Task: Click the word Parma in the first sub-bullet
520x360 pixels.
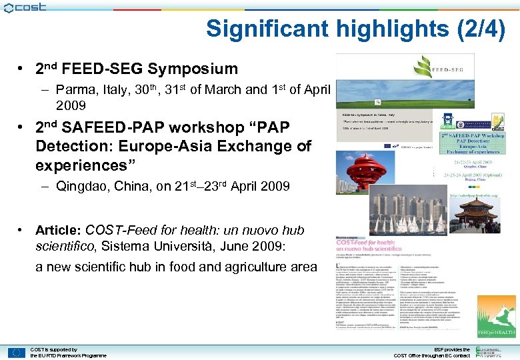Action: [x=74, y=89]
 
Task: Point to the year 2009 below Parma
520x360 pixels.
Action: [x=71, y=105]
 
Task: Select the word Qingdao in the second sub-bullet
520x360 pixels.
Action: [x=79, y=187]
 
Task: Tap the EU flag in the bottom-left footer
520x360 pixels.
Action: [x=17, y=352]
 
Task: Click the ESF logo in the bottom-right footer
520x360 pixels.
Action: [x=493, y=352]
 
